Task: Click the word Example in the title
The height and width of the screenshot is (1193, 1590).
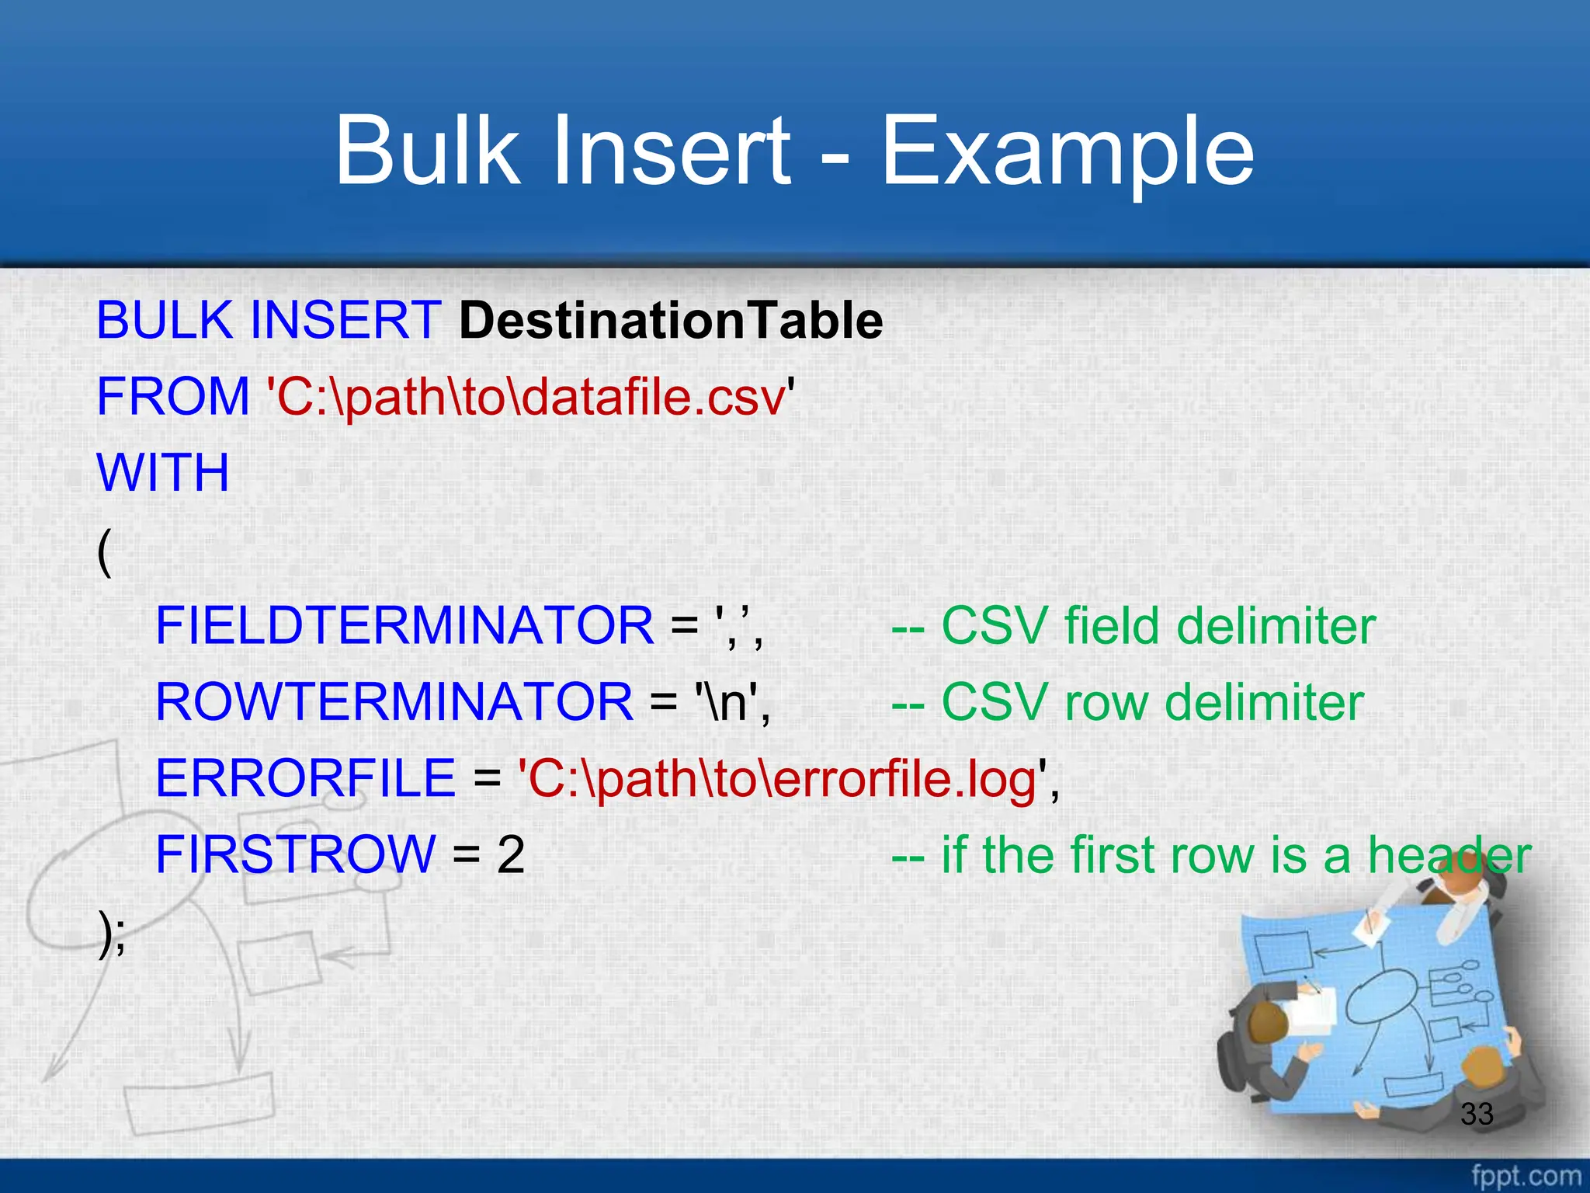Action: (1068, 151)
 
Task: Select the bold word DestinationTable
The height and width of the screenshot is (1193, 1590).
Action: (671, 321)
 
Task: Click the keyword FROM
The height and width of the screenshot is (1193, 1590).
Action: (172, 397)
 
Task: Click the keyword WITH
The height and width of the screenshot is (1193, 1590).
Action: (163, 473)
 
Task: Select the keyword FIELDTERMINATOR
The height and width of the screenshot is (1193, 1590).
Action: (404, 626)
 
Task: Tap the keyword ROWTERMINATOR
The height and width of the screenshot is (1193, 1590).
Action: (394, 702)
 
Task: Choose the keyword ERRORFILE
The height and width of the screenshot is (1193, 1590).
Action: (305, 778)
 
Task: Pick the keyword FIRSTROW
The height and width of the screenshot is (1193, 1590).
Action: (295, 854)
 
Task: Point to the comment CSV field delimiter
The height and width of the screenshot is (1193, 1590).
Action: (1133, 626)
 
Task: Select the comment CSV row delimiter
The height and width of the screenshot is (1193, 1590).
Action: (1127, 702)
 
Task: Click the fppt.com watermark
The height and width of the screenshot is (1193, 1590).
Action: (1526, 1175)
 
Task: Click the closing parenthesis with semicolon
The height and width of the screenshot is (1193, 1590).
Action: (111, 932)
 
